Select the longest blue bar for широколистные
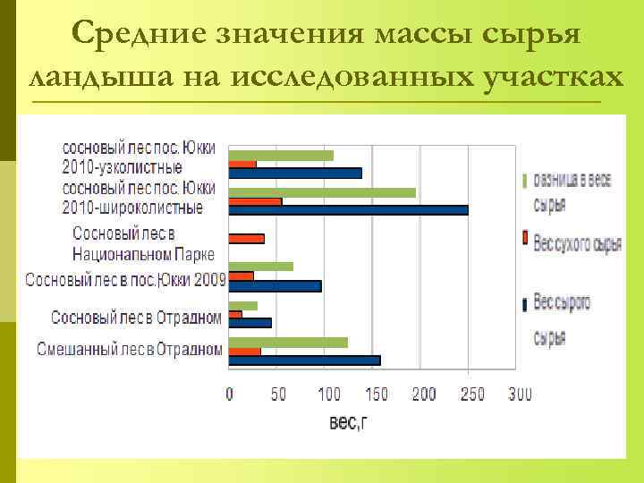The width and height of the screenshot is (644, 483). tap(348, 210)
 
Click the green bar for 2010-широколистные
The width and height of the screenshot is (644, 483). tap(322, 192)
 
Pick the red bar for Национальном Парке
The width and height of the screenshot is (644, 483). tap(247, 239)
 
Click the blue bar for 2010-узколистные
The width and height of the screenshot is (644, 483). tap(295, 174)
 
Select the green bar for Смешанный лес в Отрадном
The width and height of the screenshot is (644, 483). tap(288, 342)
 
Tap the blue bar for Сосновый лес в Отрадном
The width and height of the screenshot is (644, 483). tap(250, 323)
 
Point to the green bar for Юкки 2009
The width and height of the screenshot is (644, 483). tap(261, 267)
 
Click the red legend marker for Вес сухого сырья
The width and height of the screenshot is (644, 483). tap(524, 239)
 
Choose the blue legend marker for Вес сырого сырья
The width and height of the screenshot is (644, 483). tap(524, 303)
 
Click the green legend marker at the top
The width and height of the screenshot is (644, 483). tap(524, 180)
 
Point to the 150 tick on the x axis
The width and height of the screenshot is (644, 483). tap(377, 394)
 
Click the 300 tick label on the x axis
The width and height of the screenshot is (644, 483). tap(520, 394)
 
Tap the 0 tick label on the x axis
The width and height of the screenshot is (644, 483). tap(230, 394)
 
